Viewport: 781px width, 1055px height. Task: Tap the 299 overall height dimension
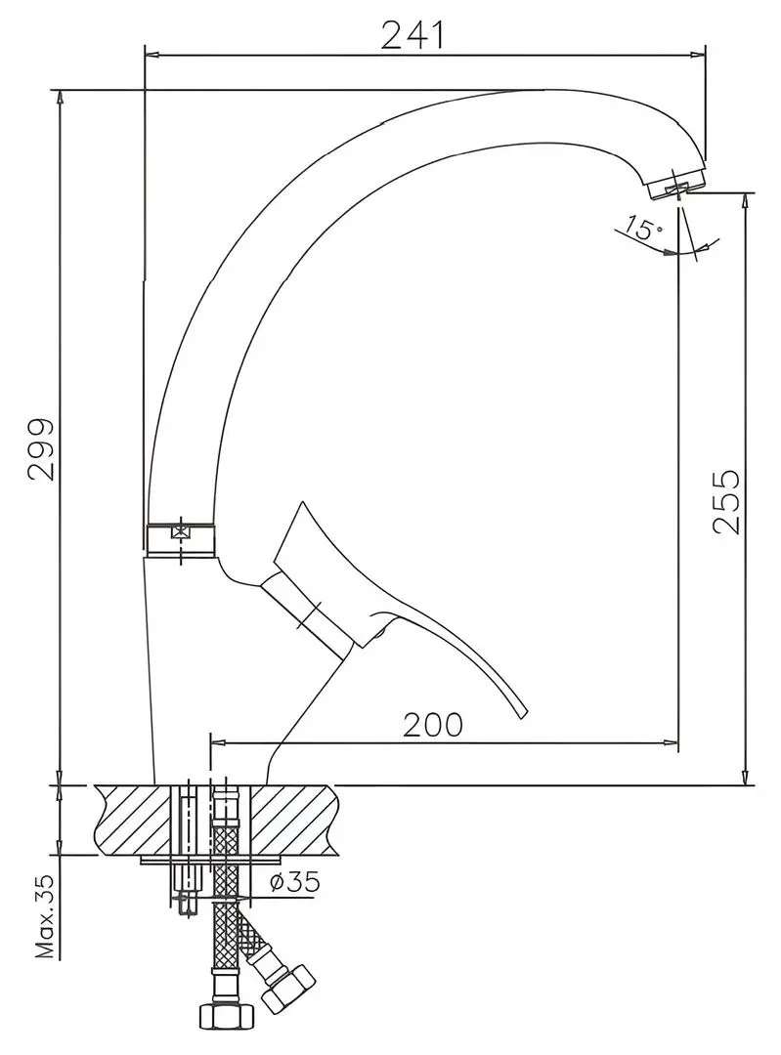pyautogui.click(x=42, y=448)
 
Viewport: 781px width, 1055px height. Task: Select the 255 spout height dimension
pyautogui.click(x=726, y=501)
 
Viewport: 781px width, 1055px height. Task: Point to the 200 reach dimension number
pyautogui.click(x=433, y=725)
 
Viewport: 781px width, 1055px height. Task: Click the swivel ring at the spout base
pyautogui.click(x=181, y=538)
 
